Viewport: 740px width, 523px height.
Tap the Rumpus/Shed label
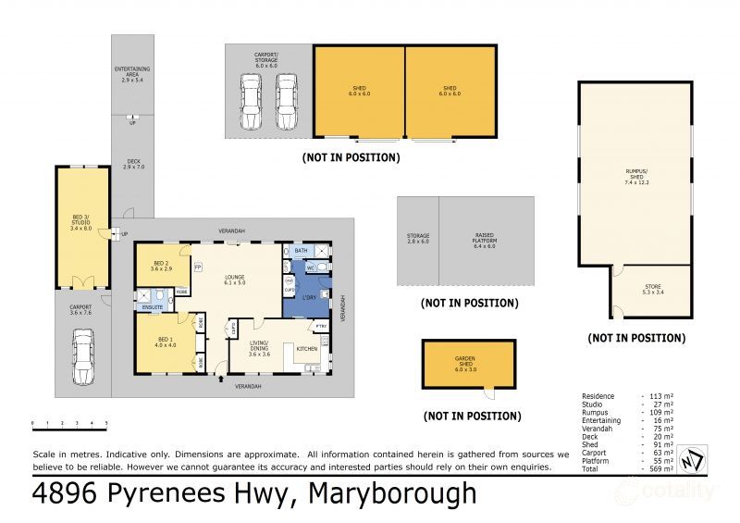coord(635,173)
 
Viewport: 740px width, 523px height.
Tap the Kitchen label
coord(308,348)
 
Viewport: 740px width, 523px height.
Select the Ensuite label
coord(154,305)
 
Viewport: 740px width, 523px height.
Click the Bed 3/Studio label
coord(82,224)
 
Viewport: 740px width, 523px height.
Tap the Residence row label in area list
coord(599,395)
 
